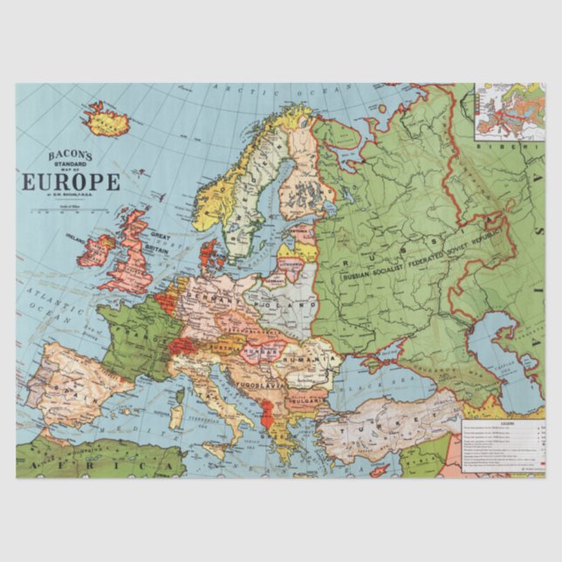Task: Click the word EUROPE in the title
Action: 72,182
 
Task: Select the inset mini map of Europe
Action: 510,112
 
